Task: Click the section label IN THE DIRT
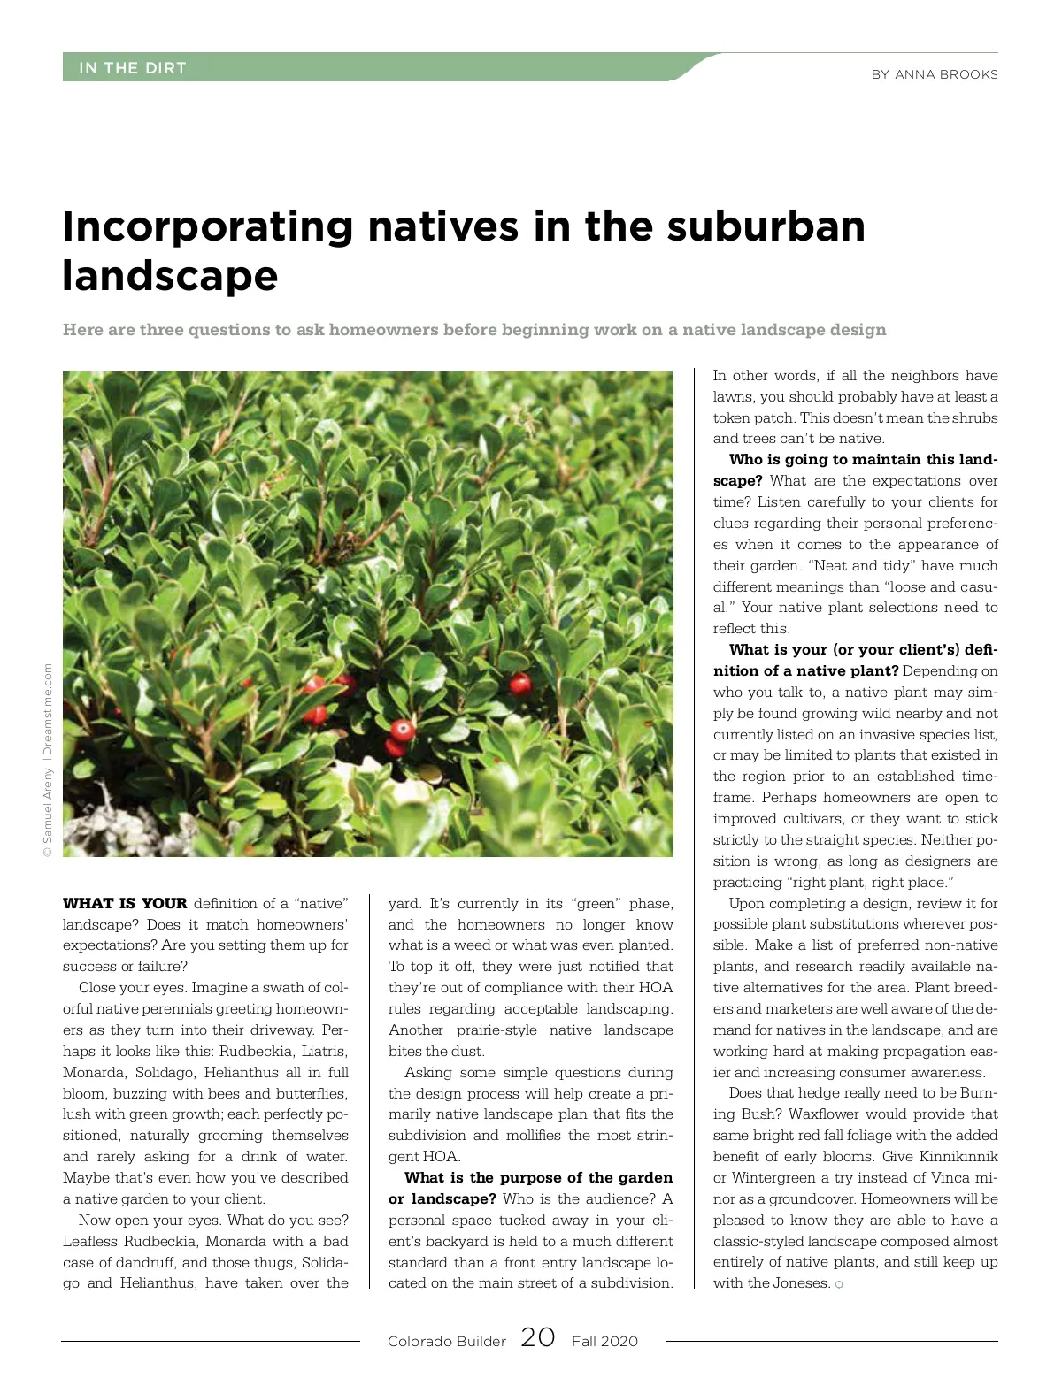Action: point(132,68)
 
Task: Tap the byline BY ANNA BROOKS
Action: point(934,75)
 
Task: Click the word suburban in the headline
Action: point(766,226)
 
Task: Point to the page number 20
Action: point(538,1336)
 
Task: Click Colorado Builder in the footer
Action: point(446,1341)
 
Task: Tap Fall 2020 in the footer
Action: point(604,1341)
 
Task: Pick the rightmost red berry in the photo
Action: point(520,683)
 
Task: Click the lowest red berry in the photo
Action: point(403,731)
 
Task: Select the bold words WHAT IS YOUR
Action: point(125,903)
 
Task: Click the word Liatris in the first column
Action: point(325,1052)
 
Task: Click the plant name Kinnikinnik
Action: point(958,1157)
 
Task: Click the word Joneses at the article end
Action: point(800,1283)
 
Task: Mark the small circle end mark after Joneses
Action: point(839,1284)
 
